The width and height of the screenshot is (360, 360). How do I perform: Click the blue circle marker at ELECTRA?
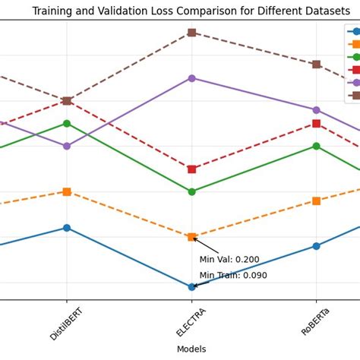click(191, 287)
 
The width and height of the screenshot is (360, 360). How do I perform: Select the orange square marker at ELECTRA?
click(191, 237)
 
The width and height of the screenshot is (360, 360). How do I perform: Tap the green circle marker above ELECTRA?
click(191, 191)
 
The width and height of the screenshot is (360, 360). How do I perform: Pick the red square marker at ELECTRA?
click(191, 169)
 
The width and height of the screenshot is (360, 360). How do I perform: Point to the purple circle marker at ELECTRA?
click(191, 78)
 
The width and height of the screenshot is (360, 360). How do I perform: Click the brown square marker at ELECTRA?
click(191, 33)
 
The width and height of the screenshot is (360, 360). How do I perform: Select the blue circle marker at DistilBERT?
click(67, 228)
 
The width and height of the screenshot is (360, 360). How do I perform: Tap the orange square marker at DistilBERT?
click(67, 191)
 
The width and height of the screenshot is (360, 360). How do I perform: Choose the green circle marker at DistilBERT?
click(67, 123)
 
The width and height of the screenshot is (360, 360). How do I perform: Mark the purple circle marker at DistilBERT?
click(67, 146)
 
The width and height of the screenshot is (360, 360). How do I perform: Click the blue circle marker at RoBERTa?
click(316, 246)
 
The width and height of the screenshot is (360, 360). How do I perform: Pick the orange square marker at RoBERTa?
click(316, 201)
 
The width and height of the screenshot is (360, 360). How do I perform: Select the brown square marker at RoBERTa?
click(316, 64)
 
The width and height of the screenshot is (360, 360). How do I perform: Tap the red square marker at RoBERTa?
click(316, 123)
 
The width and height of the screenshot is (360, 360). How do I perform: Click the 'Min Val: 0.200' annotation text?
click(229, 260)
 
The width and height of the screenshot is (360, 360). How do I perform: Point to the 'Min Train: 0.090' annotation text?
click(233, 276)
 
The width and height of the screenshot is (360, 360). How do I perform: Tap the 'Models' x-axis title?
click(191, 349)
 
